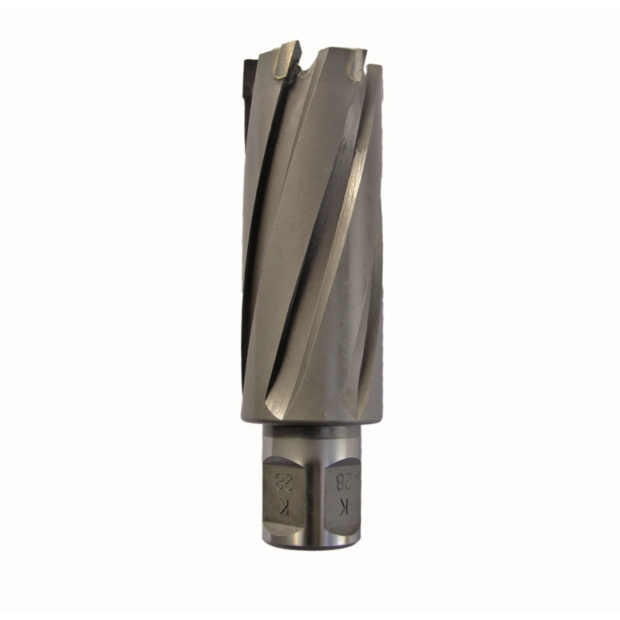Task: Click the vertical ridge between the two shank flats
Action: [311, 508]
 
